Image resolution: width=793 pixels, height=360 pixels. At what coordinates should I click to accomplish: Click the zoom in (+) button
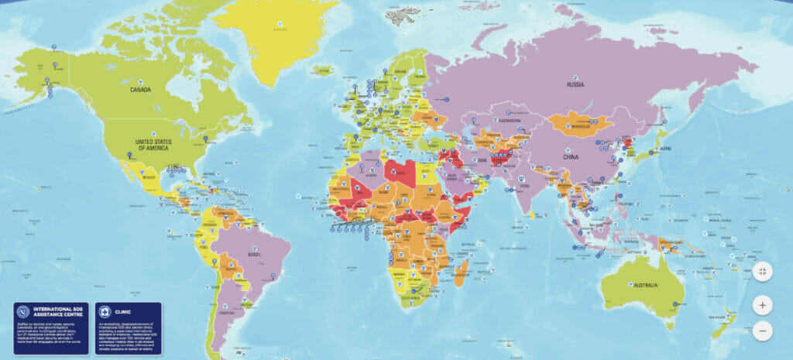[762, 305]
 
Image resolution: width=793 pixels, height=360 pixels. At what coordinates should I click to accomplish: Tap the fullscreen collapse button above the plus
[762, 272]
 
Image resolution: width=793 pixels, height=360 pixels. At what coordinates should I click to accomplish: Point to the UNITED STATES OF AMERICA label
[153, 145]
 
